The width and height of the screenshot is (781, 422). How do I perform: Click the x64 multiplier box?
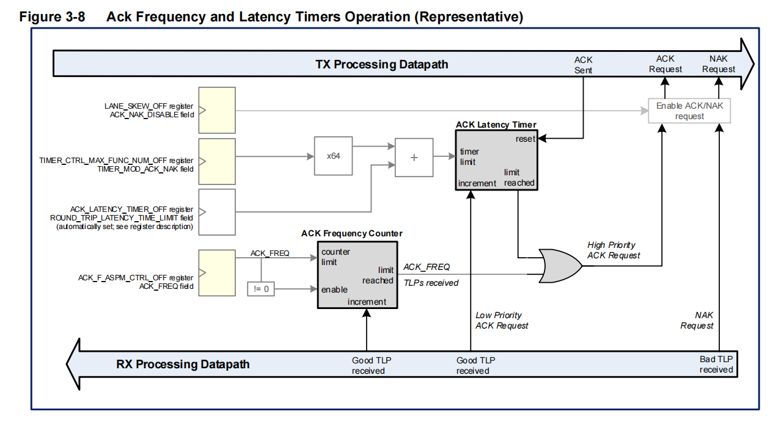click(333, 156)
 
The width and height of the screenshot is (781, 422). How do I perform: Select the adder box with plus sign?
click(414, 156)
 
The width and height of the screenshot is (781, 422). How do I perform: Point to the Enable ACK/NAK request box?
click(689, 111)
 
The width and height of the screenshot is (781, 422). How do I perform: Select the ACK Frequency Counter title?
click(352, 233)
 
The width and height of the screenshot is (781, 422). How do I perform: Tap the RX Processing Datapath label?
click(183, 365)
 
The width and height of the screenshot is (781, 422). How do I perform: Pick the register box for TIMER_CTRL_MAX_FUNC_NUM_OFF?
click(217, 161)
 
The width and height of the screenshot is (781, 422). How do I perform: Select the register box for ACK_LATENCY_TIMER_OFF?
click(217, 211)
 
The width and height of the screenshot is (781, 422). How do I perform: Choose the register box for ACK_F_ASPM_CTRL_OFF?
click(217, 272)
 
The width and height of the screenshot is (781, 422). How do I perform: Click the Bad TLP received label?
click(716, 365)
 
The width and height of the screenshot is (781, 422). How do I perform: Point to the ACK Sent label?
click(583, 65)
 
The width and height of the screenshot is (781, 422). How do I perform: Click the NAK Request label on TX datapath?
click(719, 64)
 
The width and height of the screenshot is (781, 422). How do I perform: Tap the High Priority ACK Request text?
click(614, 250)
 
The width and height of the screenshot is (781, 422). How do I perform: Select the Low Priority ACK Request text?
click(502, 320)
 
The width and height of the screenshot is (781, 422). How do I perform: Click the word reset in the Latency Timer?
click(525, 139)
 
